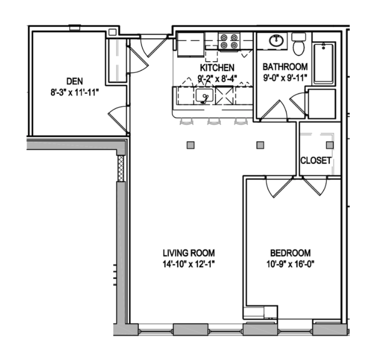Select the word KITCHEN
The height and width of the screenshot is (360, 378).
point(217,68)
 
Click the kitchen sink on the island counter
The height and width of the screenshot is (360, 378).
point(203,96)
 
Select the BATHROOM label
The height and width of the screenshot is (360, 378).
point(285,68)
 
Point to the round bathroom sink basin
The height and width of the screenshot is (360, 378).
point(276,40)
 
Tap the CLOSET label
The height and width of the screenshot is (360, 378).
point(316,161)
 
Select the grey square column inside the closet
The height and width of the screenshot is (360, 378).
point(329,145)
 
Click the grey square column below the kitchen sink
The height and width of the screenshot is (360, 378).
point(191,145)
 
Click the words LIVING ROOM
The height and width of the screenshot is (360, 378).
point(188,252)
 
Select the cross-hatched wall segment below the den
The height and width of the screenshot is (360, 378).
point(121,168)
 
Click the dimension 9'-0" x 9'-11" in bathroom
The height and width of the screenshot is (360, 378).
point(285,78)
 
